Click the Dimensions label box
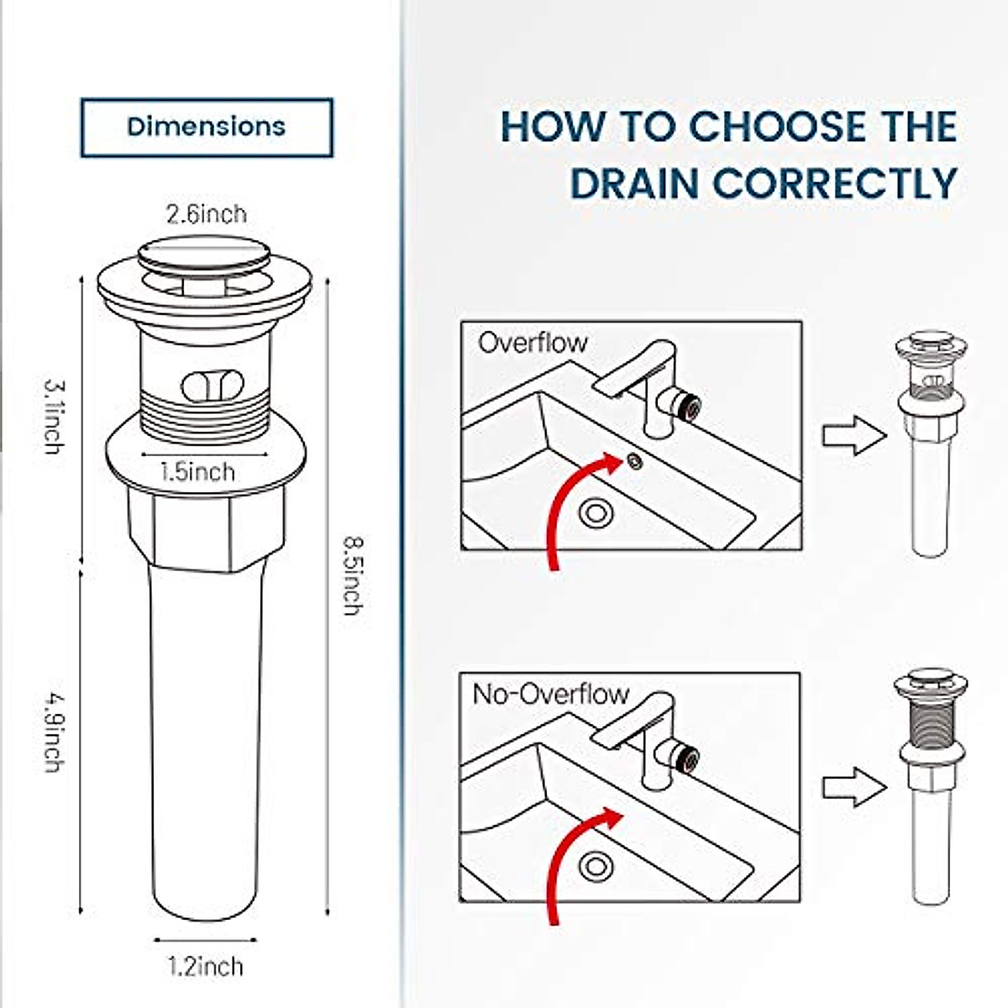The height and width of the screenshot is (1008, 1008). (207, 128)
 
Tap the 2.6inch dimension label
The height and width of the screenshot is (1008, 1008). (207, 215)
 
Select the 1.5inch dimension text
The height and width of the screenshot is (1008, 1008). (198, 472)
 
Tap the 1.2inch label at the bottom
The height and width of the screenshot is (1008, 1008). (206, 966)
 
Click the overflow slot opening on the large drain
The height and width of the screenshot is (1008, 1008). (213, 386)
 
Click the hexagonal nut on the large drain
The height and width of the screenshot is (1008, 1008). (207, 526)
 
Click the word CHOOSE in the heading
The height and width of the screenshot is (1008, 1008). (776, 127)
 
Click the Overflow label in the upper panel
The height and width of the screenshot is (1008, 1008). (533, 343)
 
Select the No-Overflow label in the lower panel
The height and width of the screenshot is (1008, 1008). (550, 695)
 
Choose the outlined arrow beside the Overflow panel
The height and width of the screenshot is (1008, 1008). (853, 437)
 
